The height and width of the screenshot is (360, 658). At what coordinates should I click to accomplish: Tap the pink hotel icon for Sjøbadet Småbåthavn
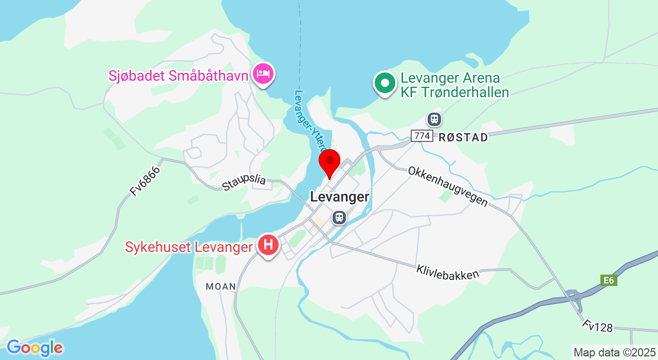[x=263, y=74]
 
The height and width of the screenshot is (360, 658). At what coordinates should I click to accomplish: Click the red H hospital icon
[x=268, y=245]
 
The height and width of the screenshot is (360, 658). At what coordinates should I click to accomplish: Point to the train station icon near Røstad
[x=434, y=119]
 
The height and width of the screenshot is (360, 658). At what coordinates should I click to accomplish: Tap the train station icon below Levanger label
[x=339, y=217]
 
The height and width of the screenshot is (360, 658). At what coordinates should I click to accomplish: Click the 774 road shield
[x=422, y=136]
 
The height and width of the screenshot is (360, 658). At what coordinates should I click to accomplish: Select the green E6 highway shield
[x=609, y=280]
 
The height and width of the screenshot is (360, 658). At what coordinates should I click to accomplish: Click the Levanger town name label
[x=339, y=197]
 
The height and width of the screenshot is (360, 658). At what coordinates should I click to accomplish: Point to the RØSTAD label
[x=463, y=137]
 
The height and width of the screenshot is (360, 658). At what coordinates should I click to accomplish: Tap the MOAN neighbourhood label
[x=221, y=286]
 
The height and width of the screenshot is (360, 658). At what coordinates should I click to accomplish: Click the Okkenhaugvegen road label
[x=448, y=186]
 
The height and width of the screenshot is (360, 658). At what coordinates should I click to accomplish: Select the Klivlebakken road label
[x=448, y=272]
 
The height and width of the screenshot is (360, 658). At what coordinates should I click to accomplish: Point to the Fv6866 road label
[x=145, y=181]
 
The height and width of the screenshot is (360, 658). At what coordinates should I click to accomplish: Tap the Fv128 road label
[x=598, y=326]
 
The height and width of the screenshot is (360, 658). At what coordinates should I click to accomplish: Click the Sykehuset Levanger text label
[x=189, y=247]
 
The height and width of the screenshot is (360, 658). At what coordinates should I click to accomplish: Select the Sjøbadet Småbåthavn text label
[x=178, y=76]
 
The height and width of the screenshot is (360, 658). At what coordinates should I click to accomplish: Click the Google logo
[x=34, y=348]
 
